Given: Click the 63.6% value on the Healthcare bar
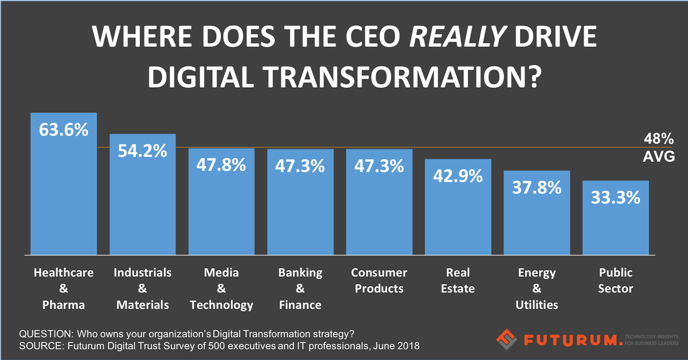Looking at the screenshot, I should click(x=64, y=130).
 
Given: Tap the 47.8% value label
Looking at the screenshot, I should click(x=222, y=166).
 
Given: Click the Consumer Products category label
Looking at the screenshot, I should click(x=379, y=280).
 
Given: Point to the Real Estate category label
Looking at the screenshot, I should click(x=458, y=280).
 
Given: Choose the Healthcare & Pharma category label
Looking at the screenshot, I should click(x=64, y=288).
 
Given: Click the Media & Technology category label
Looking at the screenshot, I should click(x=222, y=288).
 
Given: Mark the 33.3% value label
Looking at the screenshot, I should click(x=615, y=198).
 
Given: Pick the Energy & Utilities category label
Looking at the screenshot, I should click(x=537, y=288).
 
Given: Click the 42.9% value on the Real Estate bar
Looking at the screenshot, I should click(x=458, y=176).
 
